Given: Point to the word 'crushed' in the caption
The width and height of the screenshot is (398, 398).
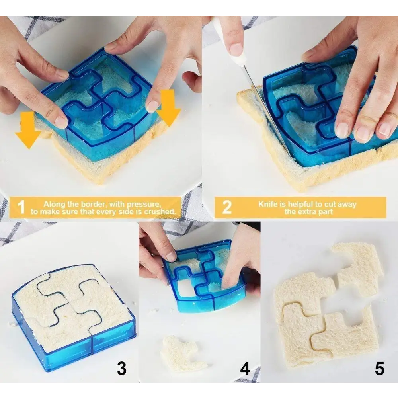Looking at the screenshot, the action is click(160, 211).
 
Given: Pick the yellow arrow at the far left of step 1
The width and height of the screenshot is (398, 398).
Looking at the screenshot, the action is click(28, 129).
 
